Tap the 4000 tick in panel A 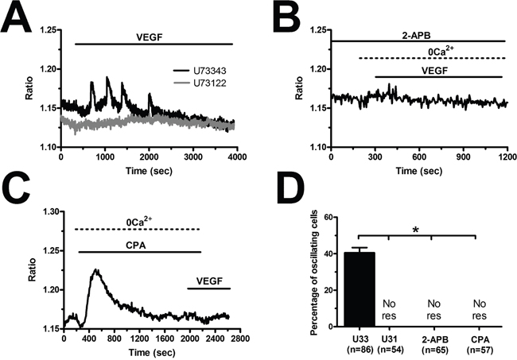(x=236, y=159)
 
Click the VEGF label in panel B (x=437, y=70)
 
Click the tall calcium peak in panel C (x=95, y=270)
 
